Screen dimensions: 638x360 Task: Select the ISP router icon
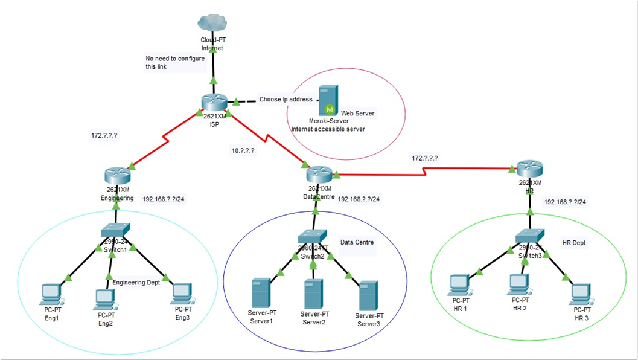214,103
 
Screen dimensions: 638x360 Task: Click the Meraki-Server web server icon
328,100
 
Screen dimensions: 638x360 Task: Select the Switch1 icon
115,230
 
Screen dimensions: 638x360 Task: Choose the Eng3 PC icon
182,294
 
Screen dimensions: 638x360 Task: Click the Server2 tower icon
313,294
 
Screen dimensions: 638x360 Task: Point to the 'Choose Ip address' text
286,99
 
